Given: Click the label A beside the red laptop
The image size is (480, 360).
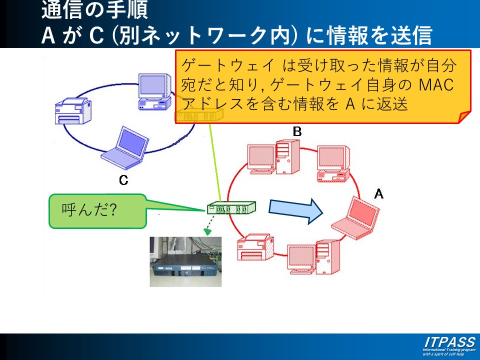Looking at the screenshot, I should pyautogui.click(x=379, y=193).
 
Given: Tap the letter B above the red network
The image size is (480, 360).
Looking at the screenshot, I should pyautogui.click(x=297, y=131).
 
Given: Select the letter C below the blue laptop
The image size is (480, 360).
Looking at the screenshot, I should pyautogui.click(x=123, y=180).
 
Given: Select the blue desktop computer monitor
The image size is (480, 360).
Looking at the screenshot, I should pyautogui.click(x=156, y=90).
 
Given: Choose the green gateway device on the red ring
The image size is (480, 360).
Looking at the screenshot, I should pyautogui.click(x=231, y=207).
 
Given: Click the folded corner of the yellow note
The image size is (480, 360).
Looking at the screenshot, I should pyautogui.click(x=465, y=117).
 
